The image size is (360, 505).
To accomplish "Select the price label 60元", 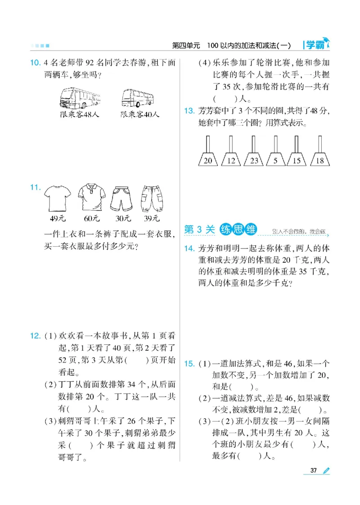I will tap(91, 219).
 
